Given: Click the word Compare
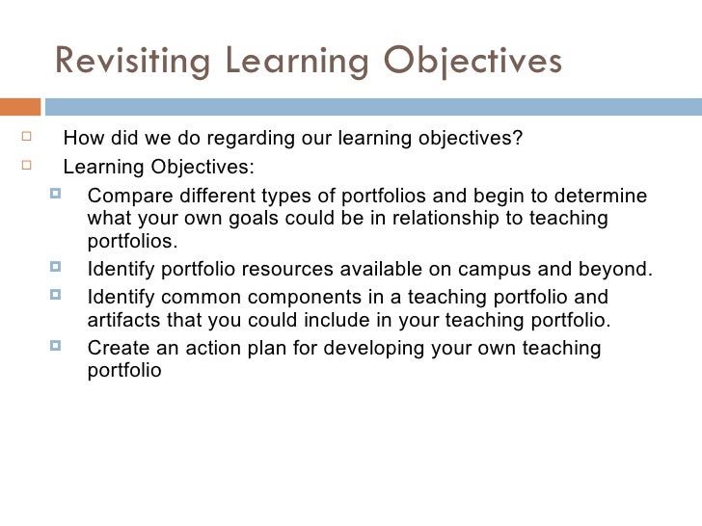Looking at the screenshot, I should (x=124, y=196).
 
